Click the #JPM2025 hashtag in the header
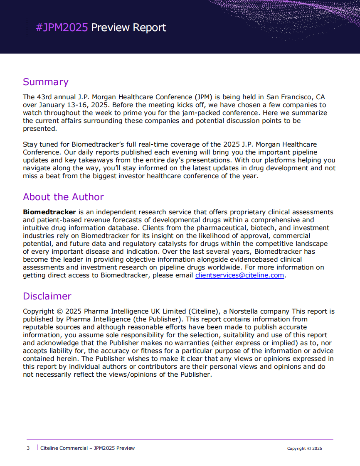click(x=62, y=28)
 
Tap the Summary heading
click(x=45, y=82)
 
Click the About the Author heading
click(x=63, y=197)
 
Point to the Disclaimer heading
click(x=47, y=296)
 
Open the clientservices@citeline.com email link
click(x=240, y=275)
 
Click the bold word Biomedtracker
click(x=49, y=212)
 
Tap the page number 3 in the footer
click(x=28, y=448)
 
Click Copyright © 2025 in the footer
click(x=304, y=449)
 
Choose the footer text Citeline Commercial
click(x=64, y=448)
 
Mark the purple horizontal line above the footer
click(x=180, y=439)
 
